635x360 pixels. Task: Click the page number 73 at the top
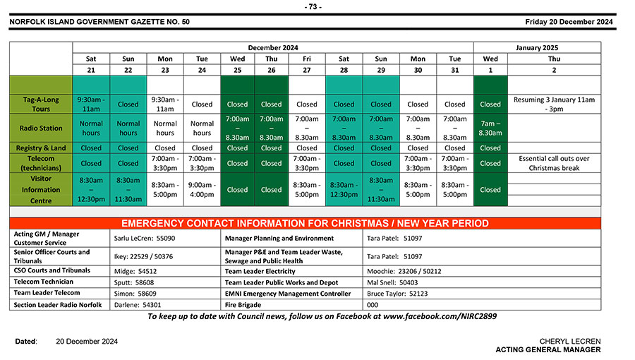click(x=313, y=7)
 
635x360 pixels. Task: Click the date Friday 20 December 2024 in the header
click(x=569, y=22)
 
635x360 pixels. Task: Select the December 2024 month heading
click(x=272, y=47)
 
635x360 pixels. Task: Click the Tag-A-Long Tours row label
click(x=40, y=104)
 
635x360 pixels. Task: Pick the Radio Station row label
click(x=40, y=128)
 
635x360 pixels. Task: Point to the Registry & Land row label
click(x=40, y=148)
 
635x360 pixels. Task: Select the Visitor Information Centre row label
click(x=40, y=189)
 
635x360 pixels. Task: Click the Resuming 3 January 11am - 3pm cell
click(x=554, y=104)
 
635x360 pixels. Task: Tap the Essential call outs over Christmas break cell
click(x=554, y=163)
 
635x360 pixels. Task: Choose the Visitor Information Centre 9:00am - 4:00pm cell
click(x=202, y=189)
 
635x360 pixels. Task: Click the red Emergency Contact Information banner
click(x=305, y=223)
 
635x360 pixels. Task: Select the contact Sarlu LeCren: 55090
click(x=145, y=239)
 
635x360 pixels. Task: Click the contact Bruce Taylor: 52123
click(x=397, y=294)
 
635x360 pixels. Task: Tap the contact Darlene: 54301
click(x=137, y=305)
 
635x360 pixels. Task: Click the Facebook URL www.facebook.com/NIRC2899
click(x=440, y=317)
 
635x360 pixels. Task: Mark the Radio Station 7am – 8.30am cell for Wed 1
click(x=490, y=128)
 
